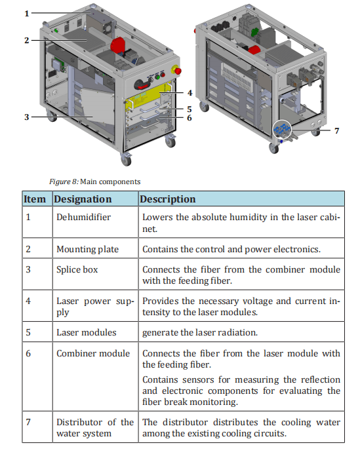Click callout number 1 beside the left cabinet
(27, 14)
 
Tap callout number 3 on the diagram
(27, 117)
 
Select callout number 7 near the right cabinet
(337, 130)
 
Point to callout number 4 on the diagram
(190, 93)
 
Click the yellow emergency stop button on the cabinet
(176, 70)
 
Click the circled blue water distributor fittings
(281, 129)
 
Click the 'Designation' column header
(83, 199)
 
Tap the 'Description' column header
(168, 199)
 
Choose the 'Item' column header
(35, 199)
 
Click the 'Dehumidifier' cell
(83, 217)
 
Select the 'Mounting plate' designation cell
(87, 249)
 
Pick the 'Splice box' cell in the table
(77, 269)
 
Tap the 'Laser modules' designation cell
(87, 332)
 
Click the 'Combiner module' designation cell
(93, 353)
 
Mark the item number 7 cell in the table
(28, 422)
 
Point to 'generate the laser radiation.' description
(200, 332)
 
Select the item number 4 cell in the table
(28, 301)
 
